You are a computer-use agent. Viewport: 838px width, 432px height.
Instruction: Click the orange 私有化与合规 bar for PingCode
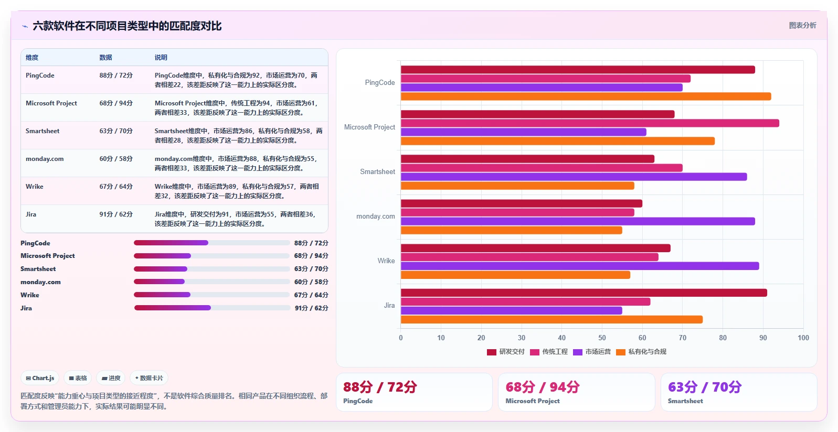point(586,96)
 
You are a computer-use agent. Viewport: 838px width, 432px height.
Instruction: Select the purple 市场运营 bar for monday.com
point(578,221)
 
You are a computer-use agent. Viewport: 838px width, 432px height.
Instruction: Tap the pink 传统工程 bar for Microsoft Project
point(590,123)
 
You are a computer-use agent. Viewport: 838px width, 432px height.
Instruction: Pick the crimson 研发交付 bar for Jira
point(584,293)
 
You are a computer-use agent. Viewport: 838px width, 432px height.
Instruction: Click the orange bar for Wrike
point(515,275)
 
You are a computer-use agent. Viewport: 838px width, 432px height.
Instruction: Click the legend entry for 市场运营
point(592,352)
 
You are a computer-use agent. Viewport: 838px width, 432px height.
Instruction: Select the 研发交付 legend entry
point(506,352)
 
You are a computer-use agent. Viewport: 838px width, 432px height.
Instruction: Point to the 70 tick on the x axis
point(682,338)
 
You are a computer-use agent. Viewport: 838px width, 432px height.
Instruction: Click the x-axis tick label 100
point(803,338)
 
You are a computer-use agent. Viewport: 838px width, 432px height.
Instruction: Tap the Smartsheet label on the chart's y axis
point(377,171)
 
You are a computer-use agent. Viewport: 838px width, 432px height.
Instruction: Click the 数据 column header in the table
point(106,58)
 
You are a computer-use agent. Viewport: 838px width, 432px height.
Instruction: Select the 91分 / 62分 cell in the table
point(116,214)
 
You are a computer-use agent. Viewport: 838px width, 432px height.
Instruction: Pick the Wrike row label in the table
point(35,187)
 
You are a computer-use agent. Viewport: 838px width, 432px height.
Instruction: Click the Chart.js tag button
point(40,378)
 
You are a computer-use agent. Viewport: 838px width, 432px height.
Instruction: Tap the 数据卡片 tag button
point(149,378)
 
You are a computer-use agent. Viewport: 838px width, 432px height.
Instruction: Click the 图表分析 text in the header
point(802,25)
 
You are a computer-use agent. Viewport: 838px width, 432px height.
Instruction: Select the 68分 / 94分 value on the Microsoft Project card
point(543,387)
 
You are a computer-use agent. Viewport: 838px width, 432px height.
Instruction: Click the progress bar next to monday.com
point(212,282)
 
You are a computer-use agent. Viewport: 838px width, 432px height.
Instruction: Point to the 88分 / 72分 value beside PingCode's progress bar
point(311,243)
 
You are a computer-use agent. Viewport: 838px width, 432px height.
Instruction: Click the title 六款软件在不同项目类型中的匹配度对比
point(127,26)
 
